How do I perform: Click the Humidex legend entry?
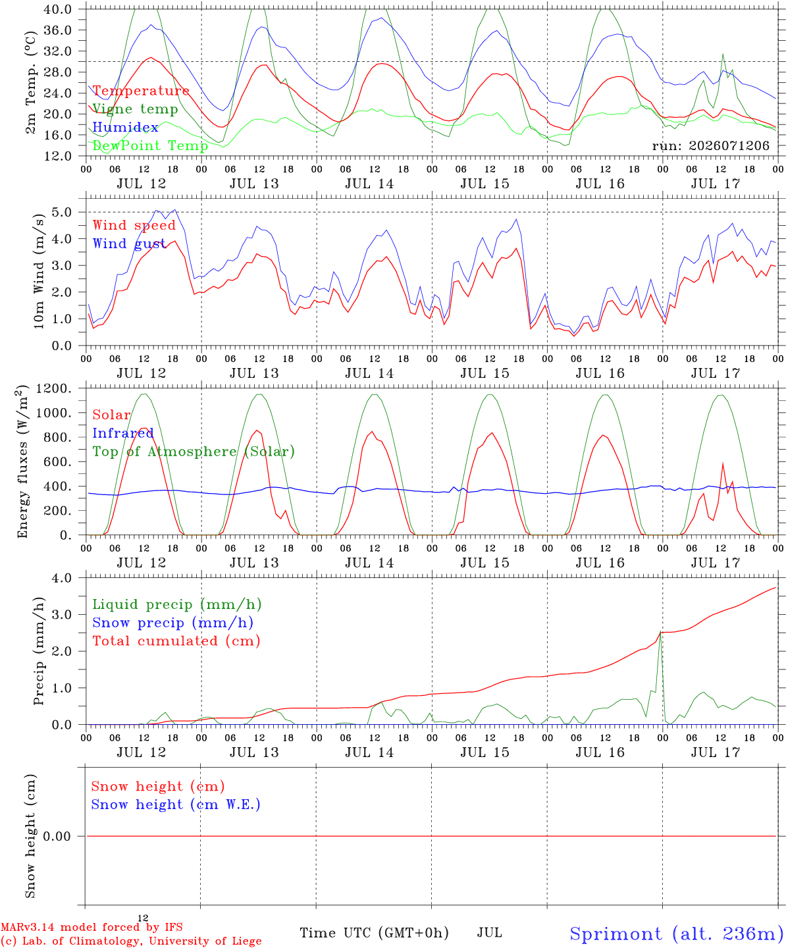click(x=125, y=127)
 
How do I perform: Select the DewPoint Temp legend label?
click(x=150, y=145)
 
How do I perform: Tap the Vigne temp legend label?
click(x=135, y=109)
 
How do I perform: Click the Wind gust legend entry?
click(x=129, y=244)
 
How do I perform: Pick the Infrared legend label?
click(x=123, y=433)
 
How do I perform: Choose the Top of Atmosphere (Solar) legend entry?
click(x=194, y=452)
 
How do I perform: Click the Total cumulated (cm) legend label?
click(x=176, y=641)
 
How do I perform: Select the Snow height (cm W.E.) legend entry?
click(x=176, y=804)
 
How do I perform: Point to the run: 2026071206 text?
click(x=710, y=145)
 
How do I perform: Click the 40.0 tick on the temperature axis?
click(x=57, y=9)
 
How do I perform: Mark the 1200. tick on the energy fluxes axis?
click(x=53, y=388)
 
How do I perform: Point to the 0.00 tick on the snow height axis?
click(x=57, y=836)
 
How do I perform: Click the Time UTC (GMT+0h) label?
click(x=374, y=933)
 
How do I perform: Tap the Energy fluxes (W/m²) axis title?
click(x=23, y=461)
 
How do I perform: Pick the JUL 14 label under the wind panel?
click(x=369, y=373)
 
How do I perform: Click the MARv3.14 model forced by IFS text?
click(x=92, y=927)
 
